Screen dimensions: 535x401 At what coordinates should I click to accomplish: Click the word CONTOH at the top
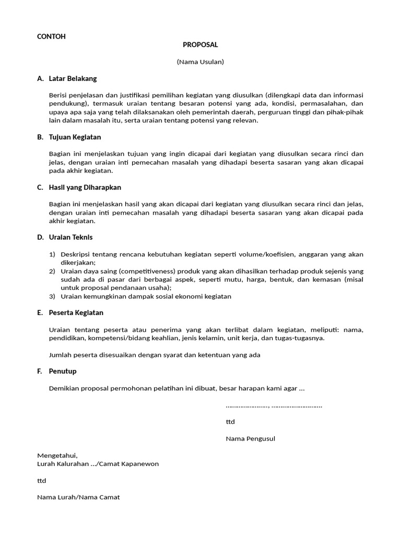[x=51, y=37]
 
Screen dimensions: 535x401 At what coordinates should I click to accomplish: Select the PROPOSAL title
[x=200, y=45]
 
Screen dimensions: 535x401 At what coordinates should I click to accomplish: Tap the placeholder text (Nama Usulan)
[x=200, y=62]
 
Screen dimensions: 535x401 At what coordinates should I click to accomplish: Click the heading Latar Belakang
[x=73, y=79]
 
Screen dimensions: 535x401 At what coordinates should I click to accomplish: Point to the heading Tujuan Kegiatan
[x=75, y=137]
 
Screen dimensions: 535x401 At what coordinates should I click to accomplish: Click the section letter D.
[x=40, y=237]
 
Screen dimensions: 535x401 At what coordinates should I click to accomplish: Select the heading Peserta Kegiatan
[x=76, y=312]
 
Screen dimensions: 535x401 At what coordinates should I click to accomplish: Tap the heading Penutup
[x=62, y=371]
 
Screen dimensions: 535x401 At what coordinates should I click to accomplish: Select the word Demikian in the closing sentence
[x=63, y=388]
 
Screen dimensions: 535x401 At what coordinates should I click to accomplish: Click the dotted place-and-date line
[x=274, y=405]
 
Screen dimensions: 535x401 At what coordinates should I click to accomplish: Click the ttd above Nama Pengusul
[x=230, y=422]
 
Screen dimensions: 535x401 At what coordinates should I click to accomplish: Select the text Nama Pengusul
[x=250, y=438]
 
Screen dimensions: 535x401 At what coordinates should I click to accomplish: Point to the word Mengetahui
[x=57, y=456]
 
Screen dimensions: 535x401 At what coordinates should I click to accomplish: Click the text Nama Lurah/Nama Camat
[x=78, y=497]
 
